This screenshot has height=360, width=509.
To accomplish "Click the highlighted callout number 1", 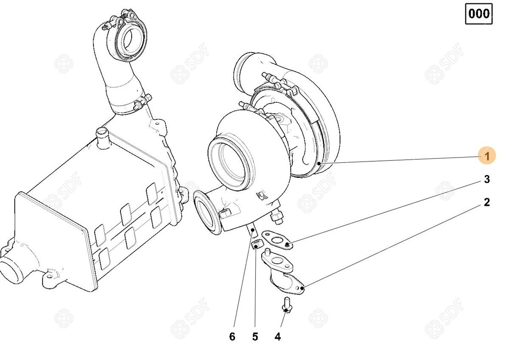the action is point(487,155).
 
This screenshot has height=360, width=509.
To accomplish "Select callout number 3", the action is point(487,179).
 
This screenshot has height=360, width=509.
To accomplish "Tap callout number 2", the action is point(487,202).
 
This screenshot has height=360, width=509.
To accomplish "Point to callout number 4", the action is point(278,336).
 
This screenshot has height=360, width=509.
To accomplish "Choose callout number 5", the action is point(255,336).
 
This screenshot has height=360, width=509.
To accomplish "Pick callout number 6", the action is point(232,336).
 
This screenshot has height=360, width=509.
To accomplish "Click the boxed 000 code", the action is point(479,14).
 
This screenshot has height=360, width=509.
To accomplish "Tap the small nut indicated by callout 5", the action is point(257,244).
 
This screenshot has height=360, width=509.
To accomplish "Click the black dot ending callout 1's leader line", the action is point(319,163).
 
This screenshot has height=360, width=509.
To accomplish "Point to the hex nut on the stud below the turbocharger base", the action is point(277,218).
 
